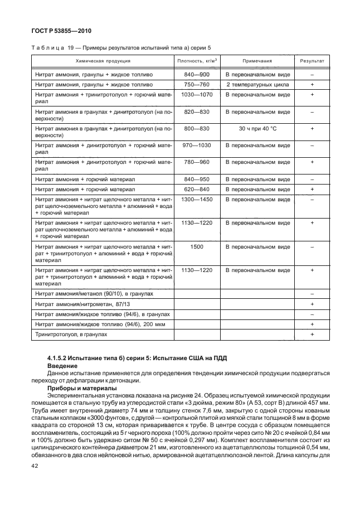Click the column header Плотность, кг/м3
coord(197,61)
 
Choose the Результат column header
coord(312,61)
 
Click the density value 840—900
coord(197,74)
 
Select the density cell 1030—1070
coord(197,95)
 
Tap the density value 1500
coord(197,246)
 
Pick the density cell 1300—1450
coord(197,199)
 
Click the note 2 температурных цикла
coord(257,84)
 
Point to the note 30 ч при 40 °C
coord(257,128)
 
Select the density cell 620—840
coord(197,189)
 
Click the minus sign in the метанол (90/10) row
coord(312,293)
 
